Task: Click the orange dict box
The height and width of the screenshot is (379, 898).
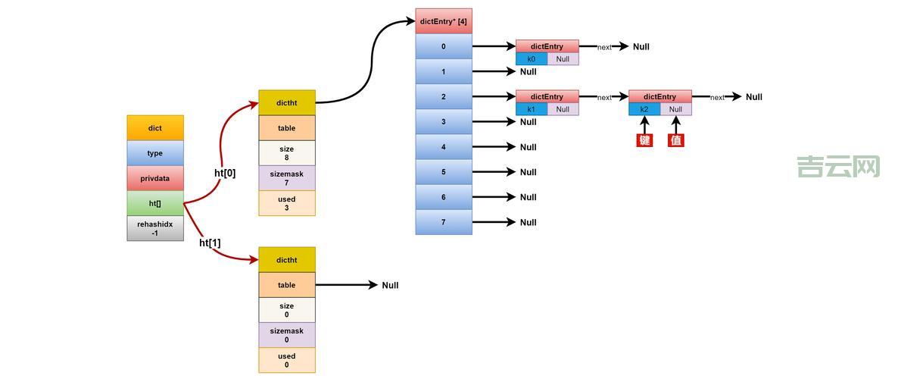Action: pos(155,128)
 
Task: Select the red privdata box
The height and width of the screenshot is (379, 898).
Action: pos(155,178)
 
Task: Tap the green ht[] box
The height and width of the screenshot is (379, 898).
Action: pos(155,203)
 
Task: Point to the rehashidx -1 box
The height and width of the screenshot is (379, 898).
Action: pos(155,228)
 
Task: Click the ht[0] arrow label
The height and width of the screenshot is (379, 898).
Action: pos(225,173)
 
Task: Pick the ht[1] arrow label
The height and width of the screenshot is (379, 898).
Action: pos(210,243)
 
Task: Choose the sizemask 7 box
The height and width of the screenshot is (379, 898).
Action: pos(287,178)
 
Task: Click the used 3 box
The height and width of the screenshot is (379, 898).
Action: pos(287,203)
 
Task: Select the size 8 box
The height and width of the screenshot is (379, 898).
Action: pos(287,153)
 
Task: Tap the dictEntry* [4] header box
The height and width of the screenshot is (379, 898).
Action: pos(444,21)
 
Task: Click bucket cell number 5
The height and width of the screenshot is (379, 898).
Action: pos(444,172)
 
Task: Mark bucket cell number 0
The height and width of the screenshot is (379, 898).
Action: pos(444,46)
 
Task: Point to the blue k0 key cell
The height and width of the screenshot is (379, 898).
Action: pos(532,59)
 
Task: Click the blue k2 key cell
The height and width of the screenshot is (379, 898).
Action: pos(644,109)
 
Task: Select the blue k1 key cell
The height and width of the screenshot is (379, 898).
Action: pos(532,109)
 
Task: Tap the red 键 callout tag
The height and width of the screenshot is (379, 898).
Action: pos(644,140)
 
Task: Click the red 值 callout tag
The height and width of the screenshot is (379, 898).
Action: pos(676,140)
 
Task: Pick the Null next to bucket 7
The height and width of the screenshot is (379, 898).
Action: pos(528,222)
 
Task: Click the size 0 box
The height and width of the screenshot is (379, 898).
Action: pos(287,310)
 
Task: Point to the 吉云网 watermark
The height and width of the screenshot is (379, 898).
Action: pos(838,167)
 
